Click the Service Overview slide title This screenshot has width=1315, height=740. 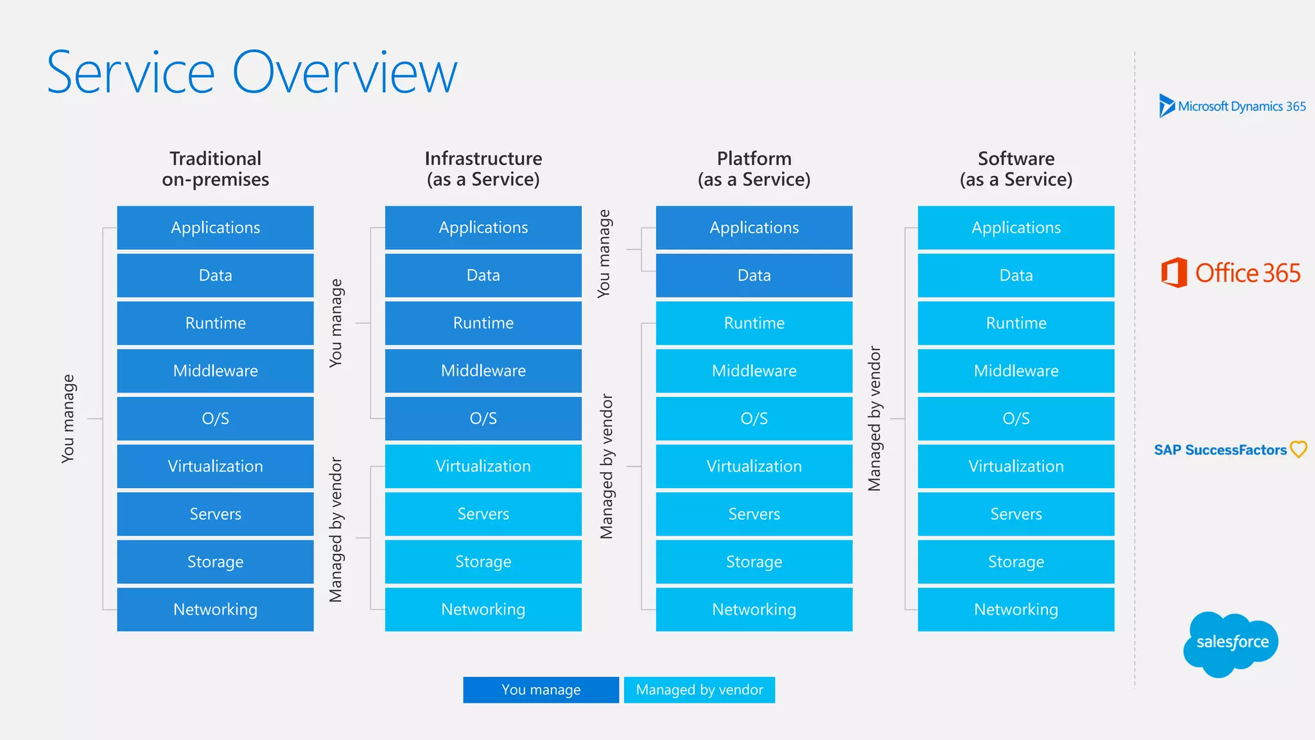tap(252, 73)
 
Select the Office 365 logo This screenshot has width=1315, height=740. tap(1231, 273)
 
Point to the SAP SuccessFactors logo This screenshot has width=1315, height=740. tap(1230, 450)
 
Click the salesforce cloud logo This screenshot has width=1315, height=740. tap(1231, 643)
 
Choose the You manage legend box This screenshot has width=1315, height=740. tap(541, 690)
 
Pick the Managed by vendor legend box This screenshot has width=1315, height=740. tap(699, 690)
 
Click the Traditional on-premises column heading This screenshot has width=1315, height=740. tap(215, 169)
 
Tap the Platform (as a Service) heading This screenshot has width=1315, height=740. tap(754, 169)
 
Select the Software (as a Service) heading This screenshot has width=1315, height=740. tap(1016, 169)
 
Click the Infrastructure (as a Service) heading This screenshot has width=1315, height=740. tap(483, 169)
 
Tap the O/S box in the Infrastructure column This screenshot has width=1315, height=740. tap(483, 419)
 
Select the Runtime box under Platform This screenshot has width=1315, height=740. tap(754, 323)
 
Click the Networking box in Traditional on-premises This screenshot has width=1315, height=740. tap(215, 610)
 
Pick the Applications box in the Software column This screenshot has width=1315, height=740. tap(1016, 228)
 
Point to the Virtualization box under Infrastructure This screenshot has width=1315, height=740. tap(483, 466)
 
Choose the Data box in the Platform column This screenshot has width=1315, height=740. tap(754, 276)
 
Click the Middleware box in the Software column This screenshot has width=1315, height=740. tap(1016, 371)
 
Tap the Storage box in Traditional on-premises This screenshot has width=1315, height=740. tap(215, 562)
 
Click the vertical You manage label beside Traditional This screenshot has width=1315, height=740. tap(68, 419)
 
